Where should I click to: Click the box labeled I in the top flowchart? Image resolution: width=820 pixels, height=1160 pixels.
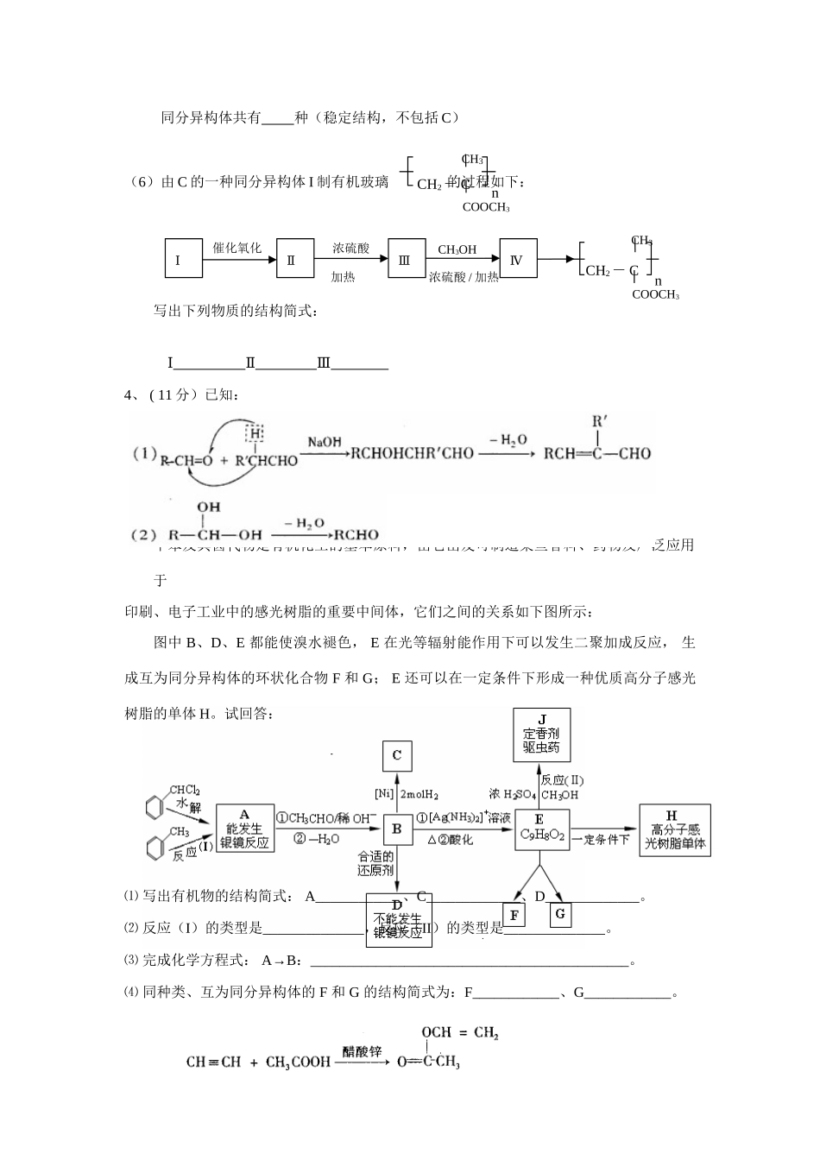(183, 258)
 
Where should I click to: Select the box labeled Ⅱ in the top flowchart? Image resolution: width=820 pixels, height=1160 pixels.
(294, 258)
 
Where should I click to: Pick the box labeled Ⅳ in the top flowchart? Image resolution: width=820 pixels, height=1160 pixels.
(518, 258)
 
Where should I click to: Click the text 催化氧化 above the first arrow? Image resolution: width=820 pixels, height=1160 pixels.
(237, 249)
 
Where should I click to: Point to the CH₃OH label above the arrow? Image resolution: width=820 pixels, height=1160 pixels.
(457, 250)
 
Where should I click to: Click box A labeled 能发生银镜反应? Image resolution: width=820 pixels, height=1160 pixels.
(244, 829)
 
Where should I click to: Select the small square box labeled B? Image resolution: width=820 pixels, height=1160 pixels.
(397, 829)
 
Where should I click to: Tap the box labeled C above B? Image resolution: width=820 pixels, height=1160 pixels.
(397, 756)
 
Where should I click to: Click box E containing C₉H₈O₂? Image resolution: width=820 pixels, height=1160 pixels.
(541, 829)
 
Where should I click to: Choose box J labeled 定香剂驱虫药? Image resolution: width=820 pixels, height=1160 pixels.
(541, 734)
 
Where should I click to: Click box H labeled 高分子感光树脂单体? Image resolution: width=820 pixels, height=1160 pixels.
(675, 829)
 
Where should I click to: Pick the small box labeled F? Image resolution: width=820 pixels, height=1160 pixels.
(514, 915)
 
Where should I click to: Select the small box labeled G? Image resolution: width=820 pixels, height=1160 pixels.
(559, 913)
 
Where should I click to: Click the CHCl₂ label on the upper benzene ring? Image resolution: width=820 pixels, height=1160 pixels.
(185, 790)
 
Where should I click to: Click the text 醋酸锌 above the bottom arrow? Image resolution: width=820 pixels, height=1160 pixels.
(362, 1052)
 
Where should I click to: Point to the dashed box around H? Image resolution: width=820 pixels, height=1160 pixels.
(255, 432)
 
